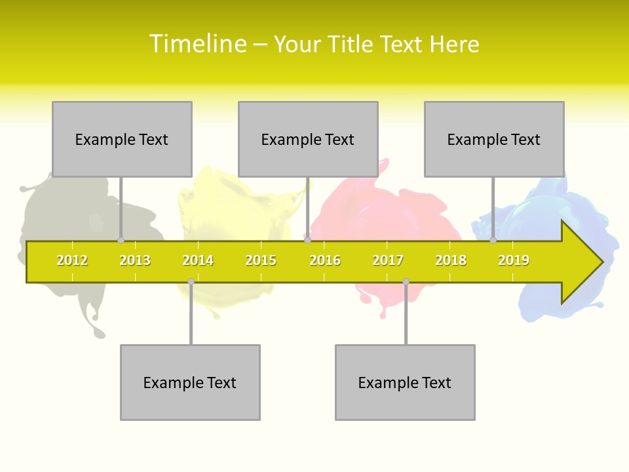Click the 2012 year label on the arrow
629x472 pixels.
tap(72, 260)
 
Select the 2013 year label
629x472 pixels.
tap(135, 260)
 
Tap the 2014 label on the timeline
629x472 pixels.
tap(198, 260)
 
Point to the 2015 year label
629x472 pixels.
tap(261, 260)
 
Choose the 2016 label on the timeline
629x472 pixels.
tap(325, 260)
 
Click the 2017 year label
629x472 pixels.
tap(388, 260)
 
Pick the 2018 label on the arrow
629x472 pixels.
tap(451, 260)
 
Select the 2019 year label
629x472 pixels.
tap(514, 260)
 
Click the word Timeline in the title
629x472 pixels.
tap(197, 44)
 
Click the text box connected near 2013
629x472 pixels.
tap(122, 139)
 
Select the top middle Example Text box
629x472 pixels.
tap(308, 139)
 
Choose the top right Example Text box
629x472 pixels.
tap(494, 139)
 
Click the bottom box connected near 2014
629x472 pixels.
tap(190, 382)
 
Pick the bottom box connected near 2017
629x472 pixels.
tap(405, 382)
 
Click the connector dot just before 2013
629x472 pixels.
tap(121, 241)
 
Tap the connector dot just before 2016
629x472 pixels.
tap(308, 241)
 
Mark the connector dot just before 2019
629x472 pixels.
tap(493, 241)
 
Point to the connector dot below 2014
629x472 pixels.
tap(191, 282)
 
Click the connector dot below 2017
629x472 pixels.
tap(406, 282)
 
